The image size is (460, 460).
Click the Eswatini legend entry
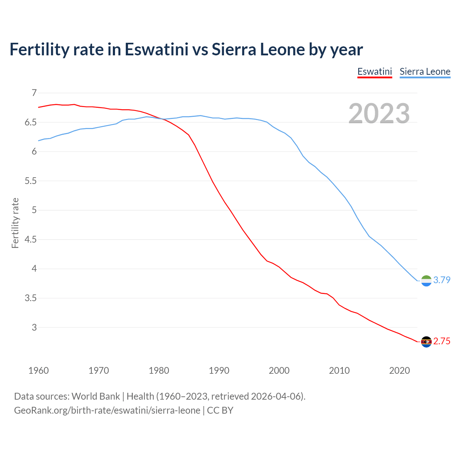[374, 72]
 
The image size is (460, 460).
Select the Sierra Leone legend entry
[425, 72]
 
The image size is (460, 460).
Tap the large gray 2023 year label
[379, 114]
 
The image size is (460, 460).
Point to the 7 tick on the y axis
[34, 93]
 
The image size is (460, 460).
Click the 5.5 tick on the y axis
[31, 181]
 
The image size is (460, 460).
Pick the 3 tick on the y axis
[34, 327]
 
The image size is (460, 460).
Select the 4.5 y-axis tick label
[31, 239]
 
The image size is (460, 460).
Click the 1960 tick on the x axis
[38, 371]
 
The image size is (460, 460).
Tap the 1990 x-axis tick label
[219, 371]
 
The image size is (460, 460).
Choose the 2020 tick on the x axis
[399, 371]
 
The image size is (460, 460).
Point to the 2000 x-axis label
[279, 371]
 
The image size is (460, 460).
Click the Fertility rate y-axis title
[15, 223]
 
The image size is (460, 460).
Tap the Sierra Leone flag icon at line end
[426, 281]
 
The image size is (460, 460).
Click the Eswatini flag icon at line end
[426, 342]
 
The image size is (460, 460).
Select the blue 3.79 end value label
[442, 280]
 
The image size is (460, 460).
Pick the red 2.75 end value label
[442, 341]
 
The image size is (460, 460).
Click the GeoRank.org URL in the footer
[107, 410]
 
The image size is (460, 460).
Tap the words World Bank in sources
[96, 396]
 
